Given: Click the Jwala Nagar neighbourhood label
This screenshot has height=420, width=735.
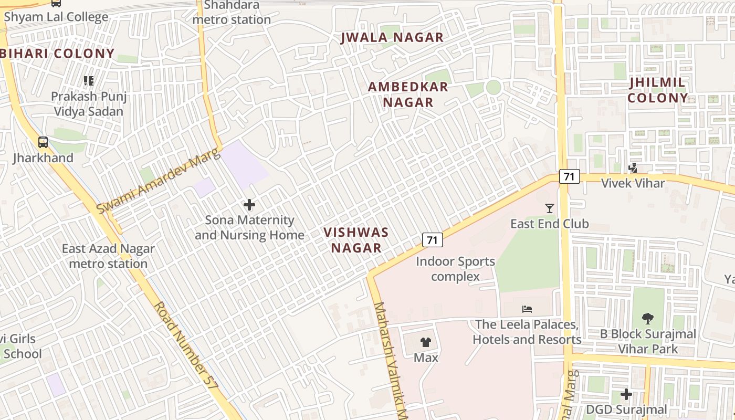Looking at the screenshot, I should pos(392,37).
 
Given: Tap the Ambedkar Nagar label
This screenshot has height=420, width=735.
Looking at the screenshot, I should pos(408,94).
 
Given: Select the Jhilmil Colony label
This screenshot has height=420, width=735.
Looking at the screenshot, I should pos(657,90).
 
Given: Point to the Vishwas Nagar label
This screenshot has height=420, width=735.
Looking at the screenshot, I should pos(356,240).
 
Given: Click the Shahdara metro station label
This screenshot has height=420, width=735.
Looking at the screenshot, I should pos(232,13).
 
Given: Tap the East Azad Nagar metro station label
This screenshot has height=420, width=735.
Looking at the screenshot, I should pos(108,256).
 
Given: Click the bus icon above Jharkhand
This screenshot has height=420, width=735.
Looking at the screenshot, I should pos(43,142).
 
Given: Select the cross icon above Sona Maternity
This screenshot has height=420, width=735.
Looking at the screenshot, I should pos(249,205).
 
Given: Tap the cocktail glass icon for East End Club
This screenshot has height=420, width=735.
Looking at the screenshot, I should pos(549,208).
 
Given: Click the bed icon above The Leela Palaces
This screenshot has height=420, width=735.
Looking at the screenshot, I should pos(527,309).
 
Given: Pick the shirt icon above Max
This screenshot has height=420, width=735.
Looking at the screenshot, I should pos(426,342).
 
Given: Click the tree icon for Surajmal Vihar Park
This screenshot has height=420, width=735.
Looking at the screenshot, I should pos(648,318).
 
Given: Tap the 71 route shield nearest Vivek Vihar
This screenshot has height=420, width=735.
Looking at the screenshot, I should pos(569,176).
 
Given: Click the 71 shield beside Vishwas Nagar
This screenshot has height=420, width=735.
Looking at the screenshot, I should pos(433,240).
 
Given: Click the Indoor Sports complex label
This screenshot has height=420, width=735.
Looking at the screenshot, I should pos(455,269).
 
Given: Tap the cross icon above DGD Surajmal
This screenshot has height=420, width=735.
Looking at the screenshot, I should pos(626,394).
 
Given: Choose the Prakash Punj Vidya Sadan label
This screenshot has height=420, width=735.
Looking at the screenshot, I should pos(89,104).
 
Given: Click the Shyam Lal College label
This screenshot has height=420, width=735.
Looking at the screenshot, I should pos(56,17).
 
